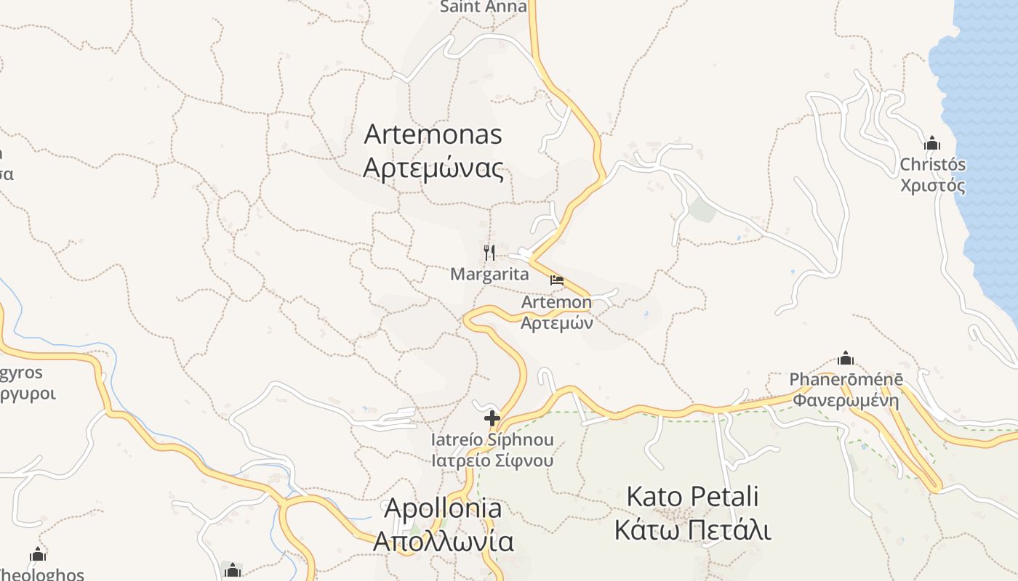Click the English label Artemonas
pos(433,134)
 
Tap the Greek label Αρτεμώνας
pos(433,169)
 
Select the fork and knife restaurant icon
pos(489,253)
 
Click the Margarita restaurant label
pos(489,275)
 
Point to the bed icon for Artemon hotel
pos(557,280)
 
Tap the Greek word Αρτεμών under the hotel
pos(557,323)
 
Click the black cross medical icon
pos(492,418)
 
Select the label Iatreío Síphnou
pos(492,440)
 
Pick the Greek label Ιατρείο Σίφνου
pos(492,460)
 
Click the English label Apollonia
pos(442,508)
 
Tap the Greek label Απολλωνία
pos(442,542)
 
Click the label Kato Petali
pos(692,497)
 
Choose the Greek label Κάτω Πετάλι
pos(692,530)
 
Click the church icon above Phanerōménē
pos(846,358)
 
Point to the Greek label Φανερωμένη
pos(846,400)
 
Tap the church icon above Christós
pos(932,143)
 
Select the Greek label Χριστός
pos(932,186)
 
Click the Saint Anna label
pos(484,7)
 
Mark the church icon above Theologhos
pos(38,556)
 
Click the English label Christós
pos(932,165)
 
